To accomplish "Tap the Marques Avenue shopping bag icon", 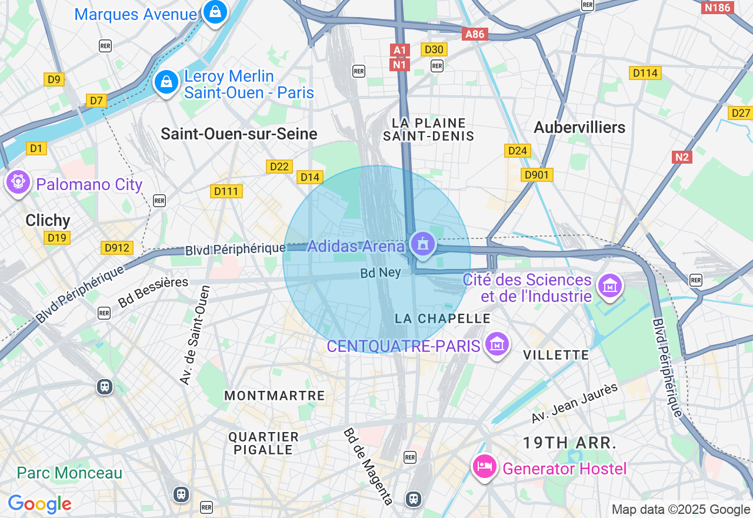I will coord(215,11).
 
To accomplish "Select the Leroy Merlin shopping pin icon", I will coord(166,82).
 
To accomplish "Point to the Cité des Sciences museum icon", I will coord(609,285).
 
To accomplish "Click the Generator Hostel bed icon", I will coord(485,467).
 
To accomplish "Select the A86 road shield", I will coord(474,34).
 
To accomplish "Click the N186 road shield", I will coord(718,8).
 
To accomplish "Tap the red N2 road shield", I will coord(682,157).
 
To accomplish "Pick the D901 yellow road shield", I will coord(537,175).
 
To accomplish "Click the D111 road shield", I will coord(226,191).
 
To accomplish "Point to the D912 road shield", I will coord(116,248).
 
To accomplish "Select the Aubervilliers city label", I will coord(579,127).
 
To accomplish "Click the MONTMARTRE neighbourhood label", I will coord(274,396).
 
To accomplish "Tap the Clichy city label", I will coord(48,220).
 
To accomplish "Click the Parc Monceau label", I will coord(69,473).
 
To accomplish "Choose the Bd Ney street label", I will coord(381,273).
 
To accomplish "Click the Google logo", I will coord(39,504).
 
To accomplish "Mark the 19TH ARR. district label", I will coord(570,443).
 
